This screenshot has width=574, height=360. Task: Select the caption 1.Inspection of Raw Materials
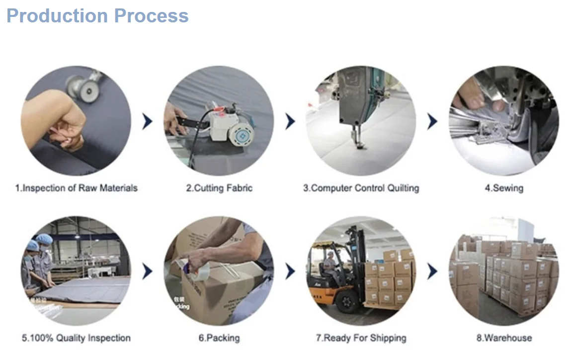[x=76, y=188]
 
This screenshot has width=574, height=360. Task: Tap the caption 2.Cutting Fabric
[x=219, y=188]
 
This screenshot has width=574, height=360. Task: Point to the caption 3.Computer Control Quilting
[x=361, y=188]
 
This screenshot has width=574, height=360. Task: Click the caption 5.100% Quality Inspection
[x=76, y=338]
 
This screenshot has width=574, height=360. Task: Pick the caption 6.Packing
[x=219, y=338]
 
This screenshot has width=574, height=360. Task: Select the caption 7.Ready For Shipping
[x=361, y=338]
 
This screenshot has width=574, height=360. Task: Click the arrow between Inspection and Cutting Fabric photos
[x=148, y=121]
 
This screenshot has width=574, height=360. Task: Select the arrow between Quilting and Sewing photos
[x=432, y=121]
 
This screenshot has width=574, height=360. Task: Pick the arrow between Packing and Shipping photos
[x=290, y=271]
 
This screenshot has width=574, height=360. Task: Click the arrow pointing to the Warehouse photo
[x=432, y=271]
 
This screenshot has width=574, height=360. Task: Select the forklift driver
[x=329, y=267]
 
